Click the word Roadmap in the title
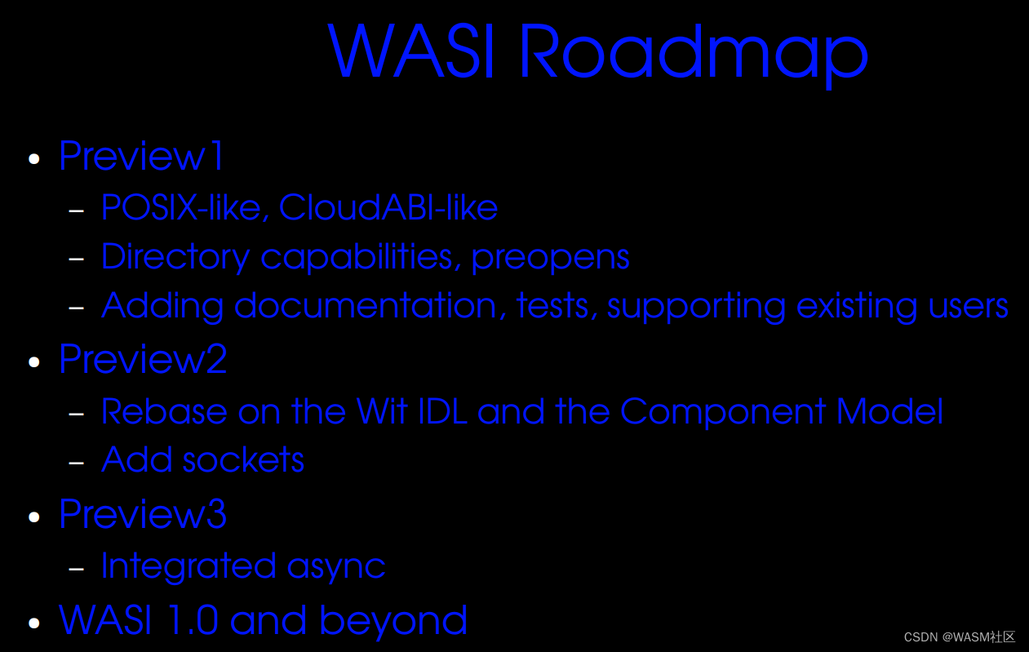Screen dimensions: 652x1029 [x=692, y=51]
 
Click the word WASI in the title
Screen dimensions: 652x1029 [x=412, y=51]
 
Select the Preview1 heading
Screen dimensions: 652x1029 [x=141, y=156]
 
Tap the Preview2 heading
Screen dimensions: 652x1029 [x=143, y=359]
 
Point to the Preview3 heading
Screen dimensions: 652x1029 [x=143, y=514]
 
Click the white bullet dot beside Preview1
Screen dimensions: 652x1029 [x=34, y=158]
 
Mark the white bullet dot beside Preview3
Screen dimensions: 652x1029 [x=34, y=517]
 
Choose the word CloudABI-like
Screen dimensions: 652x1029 [x=388, y=207]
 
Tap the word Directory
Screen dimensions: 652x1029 [x=175, y=257]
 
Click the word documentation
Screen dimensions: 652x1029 [x=366, y=305]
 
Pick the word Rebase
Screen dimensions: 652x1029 [x=164, y=411]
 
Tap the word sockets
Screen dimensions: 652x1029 [x=243, y=460]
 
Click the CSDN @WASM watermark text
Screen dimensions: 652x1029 [x=959, y=637]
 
